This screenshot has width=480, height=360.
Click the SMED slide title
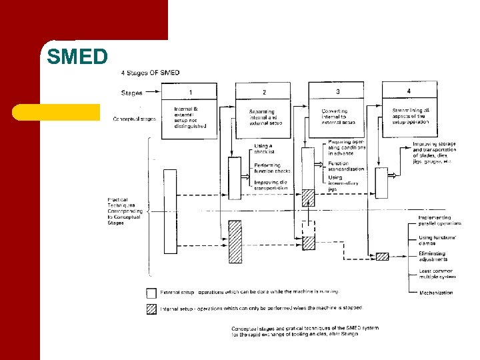[x=77, y=57]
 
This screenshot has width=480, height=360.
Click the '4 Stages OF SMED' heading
[x=150, y=73]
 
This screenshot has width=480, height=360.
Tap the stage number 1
[x=191, y=91]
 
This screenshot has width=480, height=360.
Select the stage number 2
[x=264, y=91]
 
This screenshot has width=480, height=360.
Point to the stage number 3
[x=338, y=91]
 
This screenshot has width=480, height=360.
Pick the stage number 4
[x=409, y=91]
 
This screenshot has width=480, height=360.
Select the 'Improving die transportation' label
[x=271, y=185]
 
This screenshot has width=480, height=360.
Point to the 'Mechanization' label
[x=436, y=293]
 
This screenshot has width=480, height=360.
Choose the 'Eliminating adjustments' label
[x=433, y=256]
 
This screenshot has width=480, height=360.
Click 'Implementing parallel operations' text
[x=439, y=221]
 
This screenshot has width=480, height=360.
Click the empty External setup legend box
[x=151, y=293]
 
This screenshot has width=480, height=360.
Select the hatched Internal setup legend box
[x=151, y=309]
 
